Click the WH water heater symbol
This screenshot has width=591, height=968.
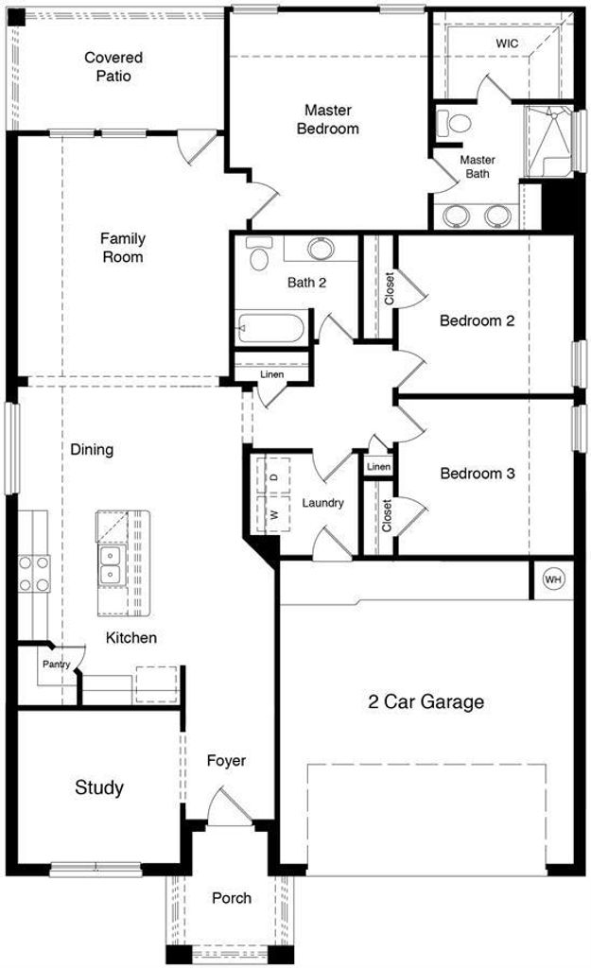tap(553, 579)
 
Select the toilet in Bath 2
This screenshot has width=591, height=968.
tap(259, 253)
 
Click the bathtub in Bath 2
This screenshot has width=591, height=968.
tap(270, 328)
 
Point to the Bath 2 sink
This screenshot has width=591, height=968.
tap(322, 249)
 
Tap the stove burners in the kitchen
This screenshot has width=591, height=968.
tap(33, 574)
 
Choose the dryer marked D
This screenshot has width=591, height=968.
tap(273, 476)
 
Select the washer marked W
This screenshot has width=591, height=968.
tap(273, 514)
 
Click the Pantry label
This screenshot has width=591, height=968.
tap(56, 665)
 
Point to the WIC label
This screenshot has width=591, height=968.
tap(507, 43)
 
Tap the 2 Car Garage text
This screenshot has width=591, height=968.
tap(426, 701)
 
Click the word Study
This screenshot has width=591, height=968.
tap(98, 787)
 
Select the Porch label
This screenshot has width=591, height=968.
tap(232, 898)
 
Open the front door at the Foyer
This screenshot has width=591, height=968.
tap(229, 806)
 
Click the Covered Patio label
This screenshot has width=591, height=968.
tap(113, 67)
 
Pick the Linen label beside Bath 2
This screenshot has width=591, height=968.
tap(271, 374)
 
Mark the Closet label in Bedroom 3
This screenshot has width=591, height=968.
tap(387, 515)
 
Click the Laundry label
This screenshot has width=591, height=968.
tap(322, 503)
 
